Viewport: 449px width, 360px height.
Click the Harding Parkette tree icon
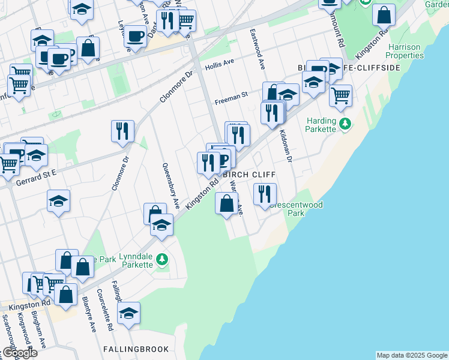point(345,124)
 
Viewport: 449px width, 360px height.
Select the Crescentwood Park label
point(295,209)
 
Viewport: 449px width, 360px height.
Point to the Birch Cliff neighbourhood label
point(249,175)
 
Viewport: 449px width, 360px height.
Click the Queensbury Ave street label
point(170,185)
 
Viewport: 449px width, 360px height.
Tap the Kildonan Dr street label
point(285,145)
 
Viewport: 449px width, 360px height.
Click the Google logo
point(19,353)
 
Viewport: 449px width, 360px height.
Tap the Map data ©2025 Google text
point(411,355)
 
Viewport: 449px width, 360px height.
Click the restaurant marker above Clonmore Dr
point(122,131)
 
